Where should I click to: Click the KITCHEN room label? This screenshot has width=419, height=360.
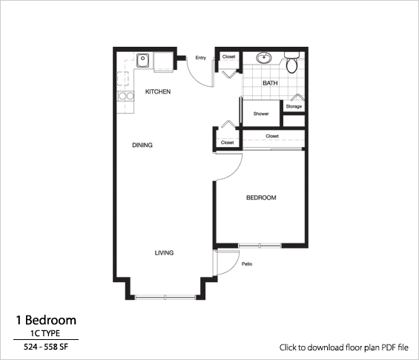coord(158,92)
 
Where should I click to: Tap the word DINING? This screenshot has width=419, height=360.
coord(142,145)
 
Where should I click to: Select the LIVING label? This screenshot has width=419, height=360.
coord(164,253)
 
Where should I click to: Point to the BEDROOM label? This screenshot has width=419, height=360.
coord(261,197)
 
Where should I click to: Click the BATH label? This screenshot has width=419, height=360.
coord(269,83)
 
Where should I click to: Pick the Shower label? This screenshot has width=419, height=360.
coord(261,114)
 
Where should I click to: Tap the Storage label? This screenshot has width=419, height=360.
coord(294,107)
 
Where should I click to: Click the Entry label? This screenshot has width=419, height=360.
coord(200,58)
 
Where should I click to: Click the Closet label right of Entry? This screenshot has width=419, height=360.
coord(229,56)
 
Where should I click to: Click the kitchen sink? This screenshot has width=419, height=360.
coord(142,60)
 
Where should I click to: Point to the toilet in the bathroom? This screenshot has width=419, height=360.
coord(292,62)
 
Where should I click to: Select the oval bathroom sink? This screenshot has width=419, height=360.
coord(263,57)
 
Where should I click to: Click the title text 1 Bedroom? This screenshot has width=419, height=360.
coord(46,320)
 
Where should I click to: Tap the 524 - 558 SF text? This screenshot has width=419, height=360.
coord(46,347)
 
